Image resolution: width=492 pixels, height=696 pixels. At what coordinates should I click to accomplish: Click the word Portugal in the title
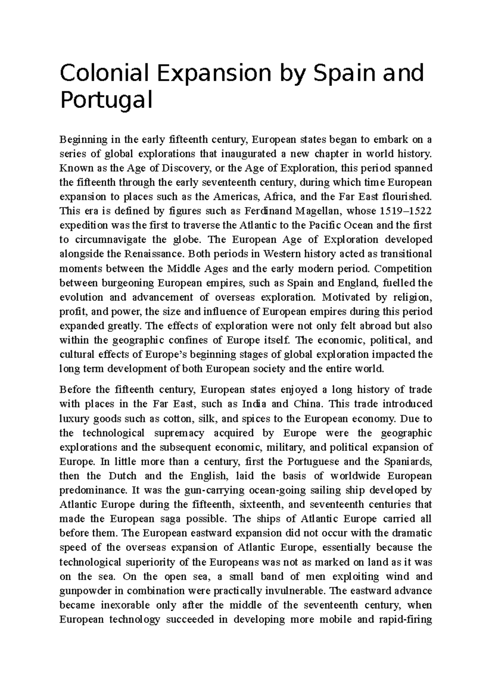pos(106,100)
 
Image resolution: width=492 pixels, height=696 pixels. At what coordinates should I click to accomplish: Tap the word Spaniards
pos(408,462)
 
